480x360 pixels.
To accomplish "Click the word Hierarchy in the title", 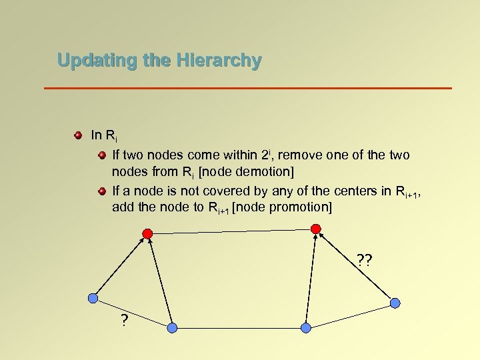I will pyautogui.click(x=219, y=61).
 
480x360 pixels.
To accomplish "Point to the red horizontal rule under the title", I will pyautogui.click(x=247, y=88).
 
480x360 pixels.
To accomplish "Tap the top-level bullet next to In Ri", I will pyautogui.click(x=78, y=135).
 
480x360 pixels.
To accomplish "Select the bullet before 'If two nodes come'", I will pyautogui.click(x=101, y=155).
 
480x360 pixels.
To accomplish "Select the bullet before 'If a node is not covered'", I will pyautogui.click(x=101, y=191).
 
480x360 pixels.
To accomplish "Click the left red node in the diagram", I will pyautogui.click(x=148, y=233).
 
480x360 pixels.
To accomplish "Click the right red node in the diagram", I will pyautogui.click(x=316, y=229).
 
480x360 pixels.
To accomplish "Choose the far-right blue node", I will pyautogui.click(x=395, y=303).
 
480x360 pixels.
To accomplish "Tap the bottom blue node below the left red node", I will pyautogui.click(x=172, y=328).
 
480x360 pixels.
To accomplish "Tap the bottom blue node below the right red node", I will pyautogui.click(x=306, y=328).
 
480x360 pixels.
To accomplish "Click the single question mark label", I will pyautogui.click(x=125, y=320).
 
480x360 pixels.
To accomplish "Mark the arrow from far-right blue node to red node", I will pyautogui.click(x=355, y=265).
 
